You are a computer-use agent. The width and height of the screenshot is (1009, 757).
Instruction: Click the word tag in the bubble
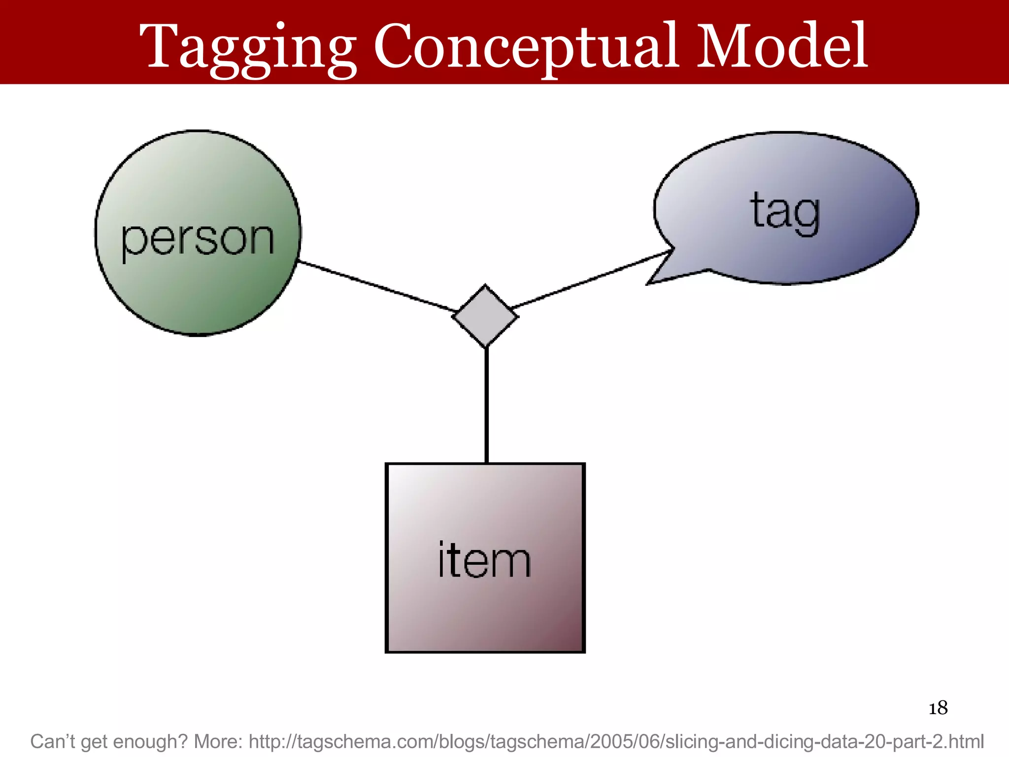[x=785, y=212]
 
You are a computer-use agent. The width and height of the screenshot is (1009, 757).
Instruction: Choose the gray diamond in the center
[x=485, y=316]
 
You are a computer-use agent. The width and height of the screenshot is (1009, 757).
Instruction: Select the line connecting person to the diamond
[x=377, y=286]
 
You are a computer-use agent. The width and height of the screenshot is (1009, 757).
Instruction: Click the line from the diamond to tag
[x=591, y=279]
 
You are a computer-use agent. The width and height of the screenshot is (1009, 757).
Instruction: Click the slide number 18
[x=938, y=708]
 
